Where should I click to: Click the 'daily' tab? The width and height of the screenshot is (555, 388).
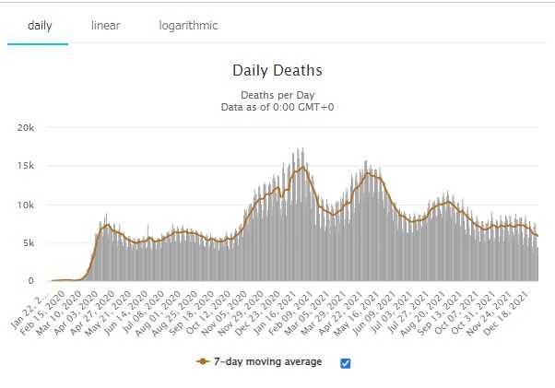click(38, 26)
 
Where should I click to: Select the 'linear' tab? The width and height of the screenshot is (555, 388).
click(105, 26)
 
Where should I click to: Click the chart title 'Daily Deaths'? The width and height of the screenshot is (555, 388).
click(277, 70)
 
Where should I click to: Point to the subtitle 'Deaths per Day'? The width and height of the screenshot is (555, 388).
click(277, 94)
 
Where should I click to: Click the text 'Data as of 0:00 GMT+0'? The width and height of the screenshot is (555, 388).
click(277, 107)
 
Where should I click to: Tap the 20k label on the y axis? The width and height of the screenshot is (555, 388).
click(25, 127)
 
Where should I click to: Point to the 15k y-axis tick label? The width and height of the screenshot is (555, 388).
click(25, 166)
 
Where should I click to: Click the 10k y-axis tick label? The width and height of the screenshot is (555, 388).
click(25, 205)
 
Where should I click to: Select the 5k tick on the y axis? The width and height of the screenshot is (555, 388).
click(28, 242)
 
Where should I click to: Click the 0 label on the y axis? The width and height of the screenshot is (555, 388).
click(31, 281)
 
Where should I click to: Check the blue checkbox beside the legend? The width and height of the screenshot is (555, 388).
click(345, 363)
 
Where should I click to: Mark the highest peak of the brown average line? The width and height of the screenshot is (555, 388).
click(301, 167)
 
